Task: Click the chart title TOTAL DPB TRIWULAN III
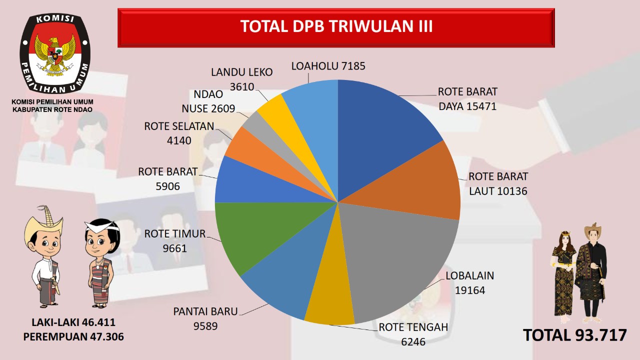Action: [336, 26]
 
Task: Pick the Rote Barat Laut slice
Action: [425, 185]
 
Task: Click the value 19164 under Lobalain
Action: [469, 290]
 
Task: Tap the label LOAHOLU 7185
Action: [328, 65]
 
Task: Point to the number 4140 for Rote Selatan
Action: [179, 140]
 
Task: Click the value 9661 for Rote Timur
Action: [174, 247]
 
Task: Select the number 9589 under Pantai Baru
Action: [205, 325]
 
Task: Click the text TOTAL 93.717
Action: [574, 335]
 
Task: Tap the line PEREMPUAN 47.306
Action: [73, 337]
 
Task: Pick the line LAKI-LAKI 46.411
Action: [73, 322]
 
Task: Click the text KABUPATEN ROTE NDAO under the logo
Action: [52, 109]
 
